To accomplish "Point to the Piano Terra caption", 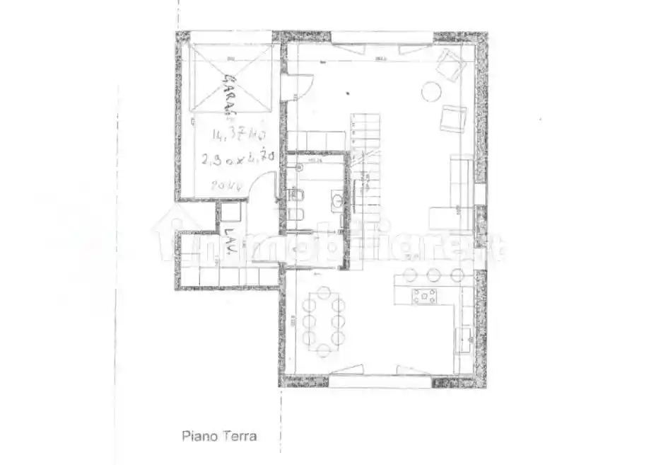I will coord(220,436).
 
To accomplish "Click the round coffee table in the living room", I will coord(431,91).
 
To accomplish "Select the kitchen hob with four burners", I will coord(425,296).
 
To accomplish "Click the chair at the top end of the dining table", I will coord(324,292).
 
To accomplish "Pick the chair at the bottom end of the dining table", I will coord(324,350).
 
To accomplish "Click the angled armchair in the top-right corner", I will coord(450,64).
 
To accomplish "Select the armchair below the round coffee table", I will coord(452,118).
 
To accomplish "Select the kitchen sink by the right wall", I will coord(464,337).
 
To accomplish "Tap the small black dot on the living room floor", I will coord(348,91).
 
